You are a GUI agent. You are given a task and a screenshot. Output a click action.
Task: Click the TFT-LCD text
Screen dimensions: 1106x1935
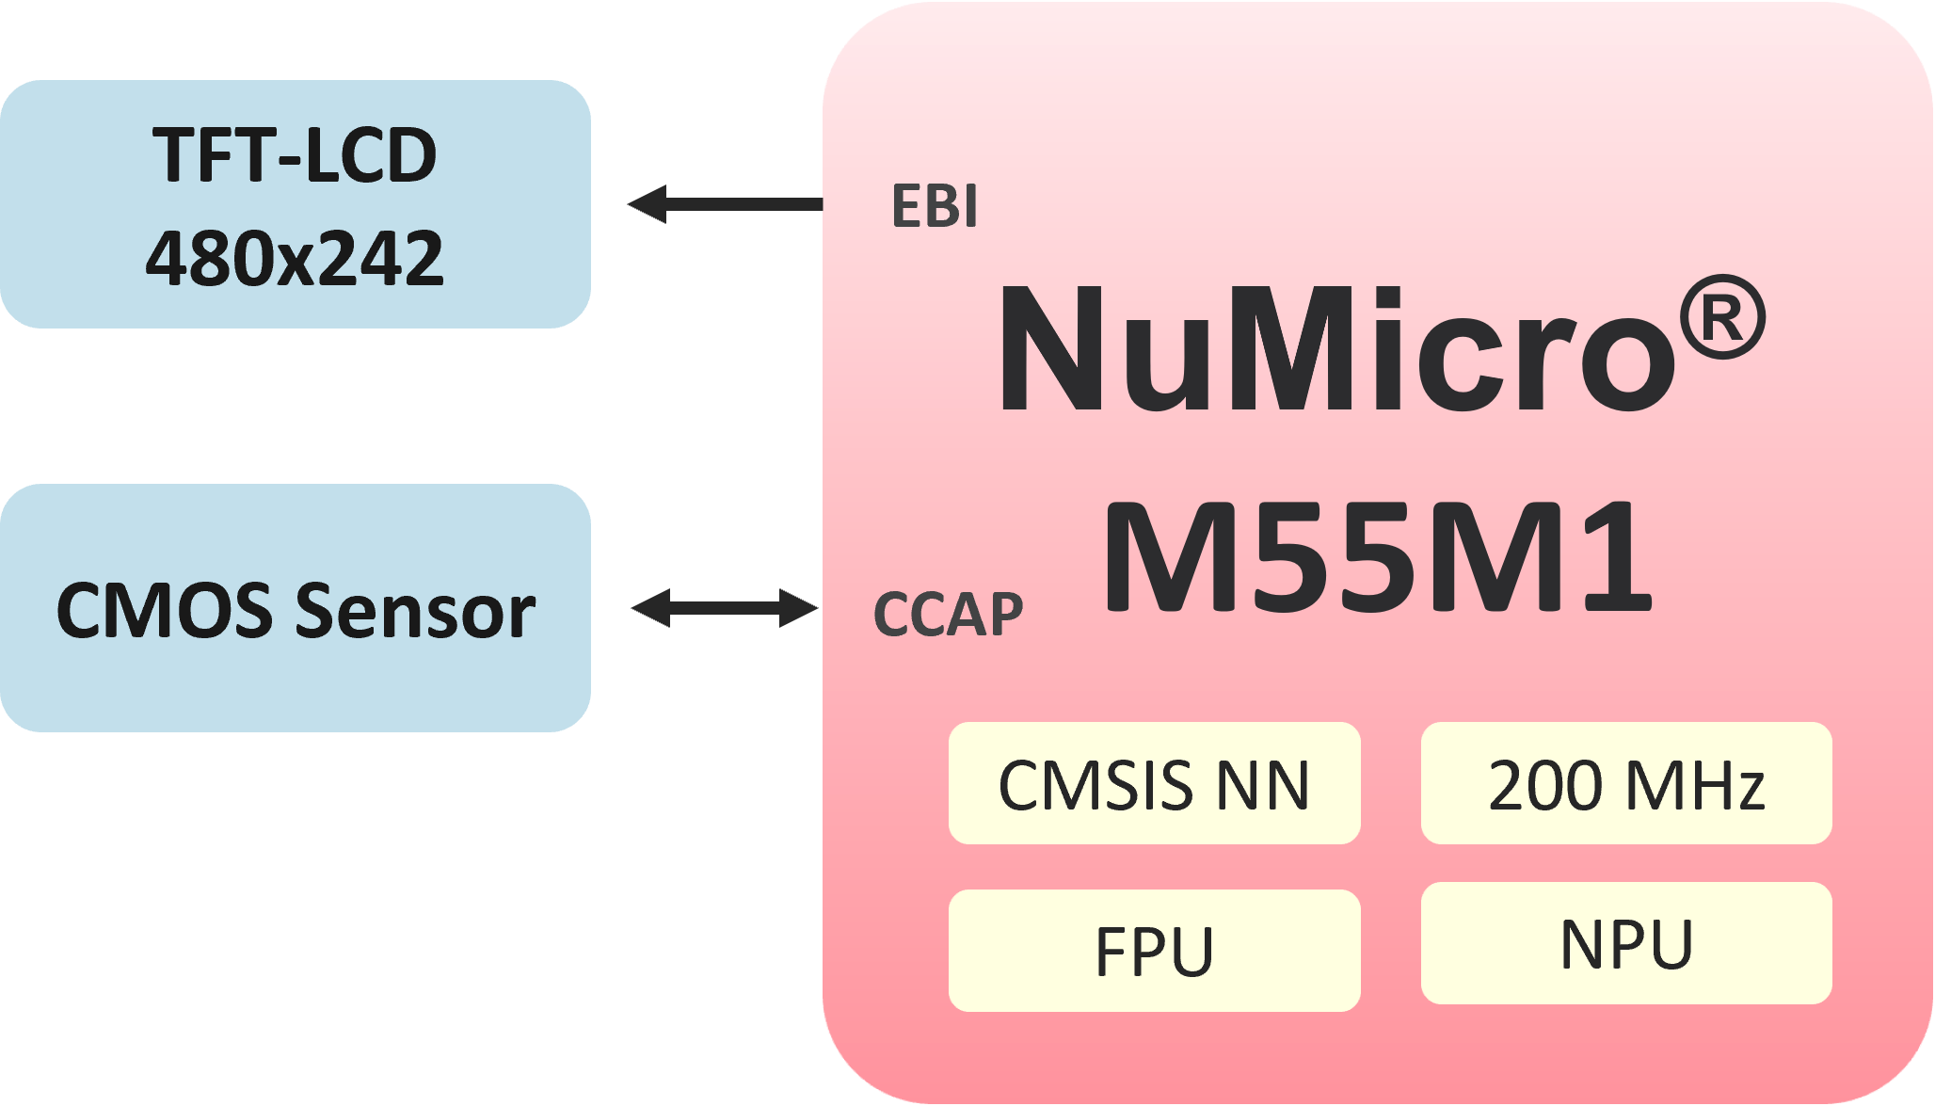pyautogui.click(x=295, y=155)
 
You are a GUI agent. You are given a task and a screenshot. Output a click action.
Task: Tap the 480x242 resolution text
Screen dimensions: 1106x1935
pyautogui.click(x=295, y=259)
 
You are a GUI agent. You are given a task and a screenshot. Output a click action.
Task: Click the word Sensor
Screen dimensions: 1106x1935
pyautogui.click(x=415, y=611)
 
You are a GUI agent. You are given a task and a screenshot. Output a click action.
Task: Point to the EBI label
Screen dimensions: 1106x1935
pyautogui.click(x=934, y=207)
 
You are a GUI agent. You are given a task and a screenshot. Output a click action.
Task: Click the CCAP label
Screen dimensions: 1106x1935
pyautogui.click(x=948, y=616)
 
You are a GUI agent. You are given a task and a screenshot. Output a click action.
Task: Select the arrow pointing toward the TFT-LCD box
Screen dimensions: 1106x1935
pyautogui.click(x=725, y=204)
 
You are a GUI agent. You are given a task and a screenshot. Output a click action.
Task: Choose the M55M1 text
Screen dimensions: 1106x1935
pyautogui.click(x=1377, y=557)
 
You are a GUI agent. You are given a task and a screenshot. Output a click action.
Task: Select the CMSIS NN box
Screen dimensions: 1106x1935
pyautogui.click(x=1154, y=784)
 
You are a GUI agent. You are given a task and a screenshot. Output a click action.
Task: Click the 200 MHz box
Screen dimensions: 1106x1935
pyautogui.click(x=1625, y=784)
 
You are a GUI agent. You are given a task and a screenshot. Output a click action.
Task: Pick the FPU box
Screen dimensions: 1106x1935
pyautogui.click(x=1154, y=952)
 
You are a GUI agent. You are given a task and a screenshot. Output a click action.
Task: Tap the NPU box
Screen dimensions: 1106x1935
pyautogui.click(x=1625, y=944)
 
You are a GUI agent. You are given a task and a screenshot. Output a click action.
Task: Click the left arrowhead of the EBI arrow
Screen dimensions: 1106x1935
pyautogui.click(x=648, y=204)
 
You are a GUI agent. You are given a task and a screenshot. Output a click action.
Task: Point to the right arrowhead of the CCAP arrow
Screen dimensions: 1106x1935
pyautogui.click(x=799, y=608)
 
